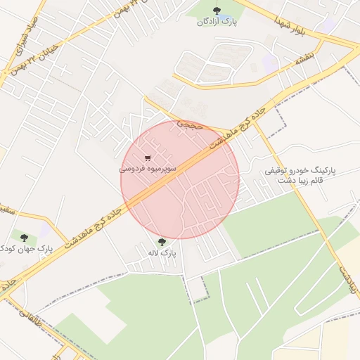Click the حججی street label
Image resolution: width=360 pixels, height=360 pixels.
tap(189, 124)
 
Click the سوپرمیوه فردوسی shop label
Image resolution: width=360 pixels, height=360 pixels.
tap(148, 169)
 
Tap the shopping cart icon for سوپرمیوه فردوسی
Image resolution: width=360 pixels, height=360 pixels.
tap(147, 157)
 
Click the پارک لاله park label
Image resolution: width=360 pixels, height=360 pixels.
tap(162, 252)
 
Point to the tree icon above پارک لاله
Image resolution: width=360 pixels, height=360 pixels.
tap(162, 241)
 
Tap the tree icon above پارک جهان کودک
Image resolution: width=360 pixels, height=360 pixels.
tap(25, 238)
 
